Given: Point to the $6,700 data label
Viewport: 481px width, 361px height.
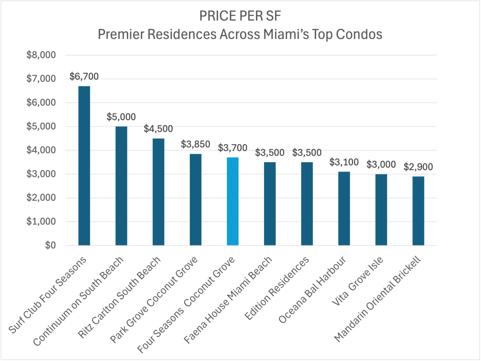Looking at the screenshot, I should tap(84, 76).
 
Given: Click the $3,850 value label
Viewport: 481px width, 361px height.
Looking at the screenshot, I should tap(195, 144).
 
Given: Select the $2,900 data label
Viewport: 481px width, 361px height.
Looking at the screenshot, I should tap(418, 167).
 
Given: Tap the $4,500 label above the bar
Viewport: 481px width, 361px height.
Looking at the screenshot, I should tap(158, 129).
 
